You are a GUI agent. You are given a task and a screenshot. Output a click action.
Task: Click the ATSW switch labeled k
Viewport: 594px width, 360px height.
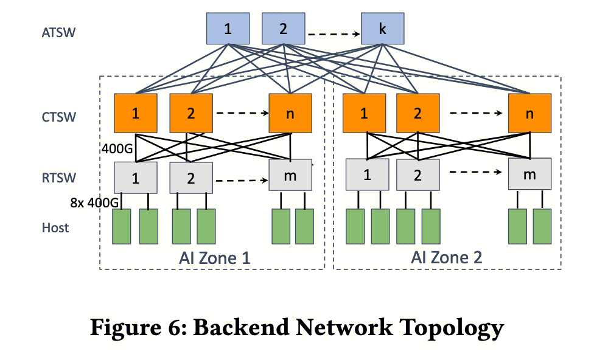(x=383, y=29)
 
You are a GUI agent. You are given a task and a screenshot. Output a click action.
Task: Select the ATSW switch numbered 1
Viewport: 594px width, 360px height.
(x=228, y=29)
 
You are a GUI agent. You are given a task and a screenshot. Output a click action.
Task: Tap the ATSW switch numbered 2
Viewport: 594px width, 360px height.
(x=283, y=29)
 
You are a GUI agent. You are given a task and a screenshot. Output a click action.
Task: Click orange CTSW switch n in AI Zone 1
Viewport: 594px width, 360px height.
(x=290, y=114)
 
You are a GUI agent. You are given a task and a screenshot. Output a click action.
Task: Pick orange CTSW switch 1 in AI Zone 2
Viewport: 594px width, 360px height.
(x=364, y=114)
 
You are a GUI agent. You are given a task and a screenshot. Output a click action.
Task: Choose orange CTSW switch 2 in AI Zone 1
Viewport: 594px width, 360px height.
(x=191, y=114)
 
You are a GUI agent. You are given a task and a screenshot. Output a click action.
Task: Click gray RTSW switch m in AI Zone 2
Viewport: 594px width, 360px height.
(x=530, y=175)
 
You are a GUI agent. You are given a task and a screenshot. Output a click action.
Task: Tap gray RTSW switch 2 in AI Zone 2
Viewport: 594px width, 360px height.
(x=418, y=175)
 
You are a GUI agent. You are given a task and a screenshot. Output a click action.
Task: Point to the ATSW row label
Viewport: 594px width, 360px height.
(x=58, y=32)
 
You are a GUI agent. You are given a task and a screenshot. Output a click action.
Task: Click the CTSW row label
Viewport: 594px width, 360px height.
(x=59, y=117)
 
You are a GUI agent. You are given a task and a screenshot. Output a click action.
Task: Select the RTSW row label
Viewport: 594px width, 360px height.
(x=59, y=178)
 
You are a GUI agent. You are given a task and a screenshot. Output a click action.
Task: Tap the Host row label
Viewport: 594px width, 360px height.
(x=55, y=228)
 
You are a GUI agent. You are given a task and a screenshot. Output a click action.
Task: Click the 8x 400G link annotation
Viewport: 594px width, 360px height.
(x=94, y=203)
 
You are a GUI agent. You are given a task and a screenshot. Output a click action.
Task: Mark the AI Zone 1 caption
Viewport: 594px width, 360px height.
(x=215, y=258)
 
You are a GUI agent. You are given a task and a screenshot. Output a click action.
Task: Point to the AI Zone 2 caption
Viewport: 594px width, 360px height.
(x=447, y=257)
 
